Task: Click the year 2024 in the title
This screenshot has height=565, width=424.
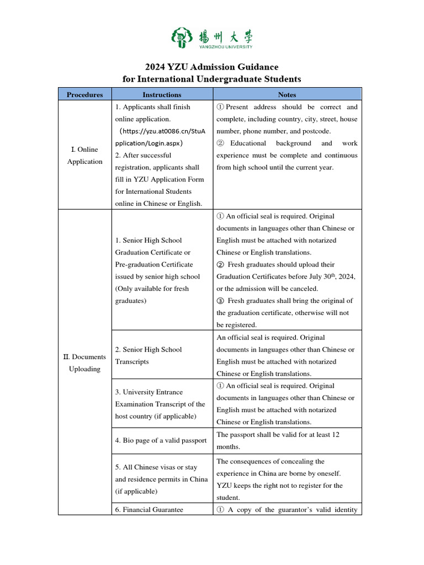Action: point(157,67)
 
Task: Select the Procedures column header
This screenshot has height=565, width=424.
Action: point(85,94)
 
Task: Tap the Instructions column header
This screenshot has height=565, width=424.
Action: point(162,94)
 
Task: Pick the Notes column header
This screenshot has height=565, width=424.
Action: point(287,94)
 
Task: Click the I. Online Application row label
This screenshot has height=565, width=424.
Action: point(85,156)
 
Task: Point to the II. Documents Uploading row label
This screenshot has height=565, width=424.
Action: point(85,363)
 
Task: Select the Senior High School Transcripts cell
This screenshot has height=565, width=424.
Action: point(148,355)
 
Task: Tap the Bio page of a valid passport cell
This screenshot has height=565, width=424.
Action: point(161,440)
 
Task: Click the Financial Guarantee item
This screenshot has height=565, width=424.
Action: point(149,510)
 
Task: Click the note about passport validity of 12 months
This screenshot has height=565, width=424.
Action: point(278,440)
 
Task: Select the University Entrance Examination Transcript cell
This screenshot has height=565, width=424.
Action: point(160,404)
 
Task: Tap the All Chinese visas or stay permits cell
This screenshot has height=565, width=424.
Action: point(161,479)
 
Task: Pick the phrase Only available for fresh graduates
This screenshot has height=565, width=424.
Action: point(152,295)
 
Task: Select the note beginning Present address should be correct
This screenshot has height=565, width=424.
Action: point(287,119)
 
